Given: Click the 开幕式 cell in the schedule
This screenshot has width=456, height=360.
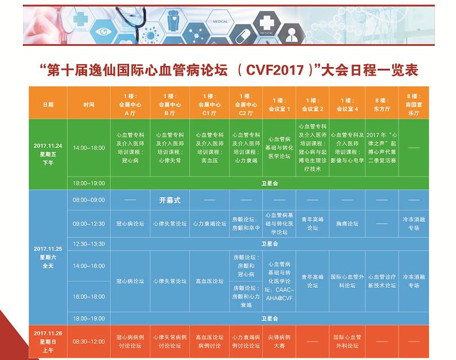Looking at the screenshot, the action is [170, 200].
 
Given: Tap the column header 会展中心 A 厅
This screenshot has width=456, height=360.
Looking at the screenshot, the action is [130, 104].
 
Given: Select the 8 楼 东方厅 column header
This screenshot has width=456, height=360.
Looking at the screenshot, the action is [382, 104].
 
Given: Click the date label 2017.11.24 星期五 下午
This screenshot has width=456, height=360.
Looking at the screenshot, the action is [48, 154].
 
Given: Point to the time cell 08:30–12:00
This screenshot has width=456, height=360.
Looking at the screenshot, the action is [89, 342].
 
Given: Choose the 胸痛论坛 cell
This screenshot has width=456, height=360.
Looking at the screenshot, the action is [347, 224].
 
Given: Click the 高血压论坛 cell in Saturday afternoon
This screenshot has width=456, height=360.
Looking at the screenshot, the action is [209, 281].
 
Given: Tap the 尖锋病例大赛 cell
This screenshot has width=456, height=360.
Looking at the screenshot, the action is [279, 342].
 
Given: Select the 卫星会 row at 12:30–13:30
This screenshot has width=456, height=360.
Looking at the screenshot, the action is [270, 244].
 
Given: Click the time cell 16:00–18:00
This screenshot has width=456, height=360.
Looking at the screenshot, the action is [89, 297].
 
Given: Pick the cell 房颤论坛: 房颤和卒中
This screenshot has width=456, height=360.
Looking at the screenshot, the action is [246, 224].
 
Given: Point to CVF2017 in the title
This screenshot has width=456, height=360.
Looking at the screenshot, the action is [275, 70].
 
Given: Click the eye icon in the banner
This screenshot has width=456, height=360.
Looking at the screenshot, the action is [103, 32].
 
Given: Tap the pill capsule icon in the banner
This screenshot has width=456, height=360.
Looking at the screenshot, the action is [243, 36].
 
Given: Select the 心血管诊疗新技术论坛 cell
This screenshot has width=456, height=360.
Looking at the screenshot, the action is [382, 281].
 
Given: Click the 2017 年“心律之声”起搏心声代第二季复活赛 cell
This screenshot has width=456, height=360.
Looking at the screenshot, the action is [382, 147].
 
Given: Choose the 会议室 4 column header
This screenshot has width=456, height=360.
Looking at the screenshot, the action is [347, 104].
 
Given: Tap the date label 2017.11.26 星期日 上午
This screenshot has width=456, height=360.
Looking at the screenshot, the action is [48, 342].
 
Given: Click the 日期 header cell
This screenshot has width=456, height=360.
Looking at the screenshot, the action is [48, 104].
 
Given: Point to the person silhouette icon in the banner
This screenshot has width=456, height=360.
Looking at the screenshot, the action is [291, 35].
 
